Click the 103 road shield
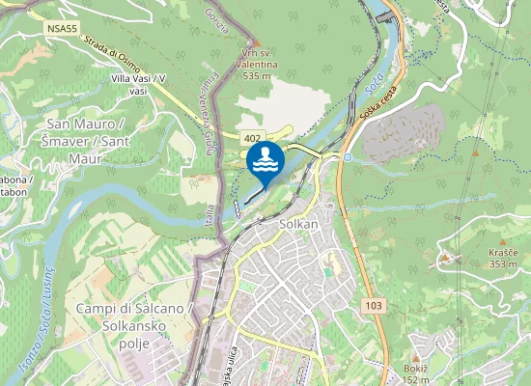point(375,305)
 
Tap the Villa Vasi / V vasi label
point(138,83)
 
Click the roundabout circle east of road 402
point(347,157)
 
